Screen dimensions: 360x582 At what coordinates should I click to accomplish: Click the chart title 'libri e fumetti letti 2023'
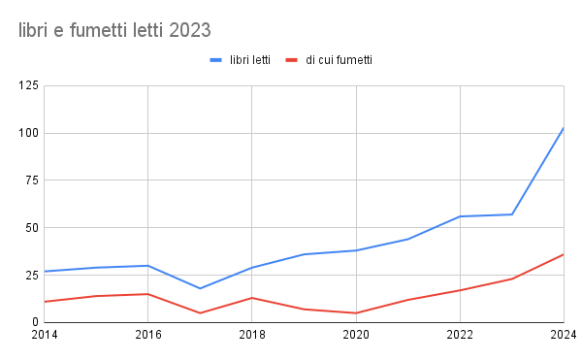[x=114, y=31]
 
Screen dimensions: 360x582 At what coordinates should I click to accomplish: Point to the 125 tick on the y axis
[x=28, y=86]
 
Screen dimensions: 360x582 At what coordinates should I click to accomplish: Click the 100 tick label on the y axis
[x=28, y=133]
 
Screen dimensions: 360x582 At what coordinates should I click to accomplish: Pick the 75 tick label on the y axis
[x=31, y=180]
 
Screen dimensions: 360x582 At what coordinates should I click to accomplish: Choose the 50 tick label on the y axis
[x=31, y=228]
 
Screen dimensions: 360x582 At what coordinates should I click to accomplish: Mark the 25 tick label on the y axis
[x=31, y=275]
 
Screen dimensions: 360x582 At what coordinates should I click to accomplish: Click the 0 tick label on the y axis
[x=35, y=322]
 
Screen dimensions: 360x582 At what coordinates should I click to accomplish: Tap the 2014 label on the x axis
[x=45, y=336]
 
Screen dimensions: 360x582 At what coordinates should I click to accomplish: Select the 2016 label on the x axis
[x=147, y=336]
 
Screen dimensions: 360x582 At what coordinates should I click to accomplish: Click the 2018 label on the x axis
[x=252, y=336]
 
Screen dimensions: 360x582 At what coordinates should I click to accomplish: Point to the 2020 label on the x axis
[x=356, y=336]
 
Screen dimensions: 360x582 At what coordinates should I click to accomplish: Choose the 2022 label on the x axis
[x=460, y=336]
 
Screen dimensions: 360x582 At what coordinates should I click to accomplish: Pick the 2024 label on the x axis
[x=563, y=336]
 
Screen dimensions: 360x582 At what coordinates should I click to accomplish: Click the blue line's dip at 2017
[x=200, y=288]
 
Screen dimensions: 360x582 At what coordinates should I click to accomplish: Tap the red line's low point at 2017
[x=200, y=312]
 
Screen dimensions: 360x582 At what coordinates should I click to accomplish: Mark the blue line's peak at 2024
[x=563, y=128]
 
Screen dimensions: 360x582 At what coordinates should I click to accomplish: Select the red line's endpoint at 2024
[x=563, y=254]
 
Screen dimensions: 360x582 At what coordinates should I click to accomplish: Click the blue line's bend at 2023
[x=511, y=214]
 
